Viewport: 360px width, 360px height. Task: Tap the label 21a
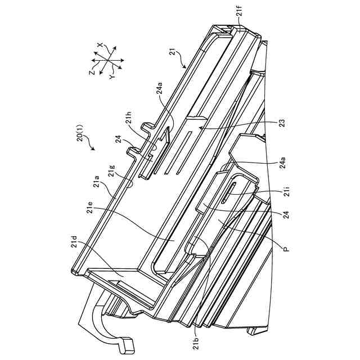pyautogui.click(x=97, y=182)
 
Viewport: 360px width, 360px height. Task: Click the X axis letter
pyautogui.click(x=101, y=44)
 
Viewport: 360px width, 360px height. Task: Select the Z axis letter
pyautogui.click(x=91, y=72)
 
